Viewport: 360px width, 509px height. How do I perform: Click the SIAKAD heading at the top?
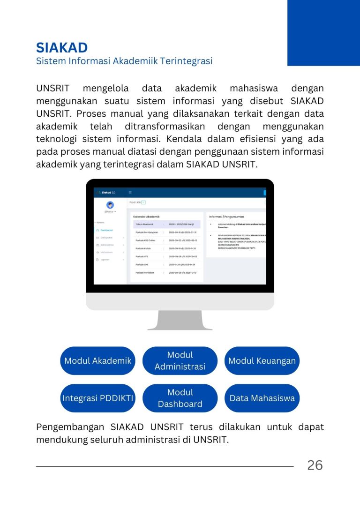[x=62, y=47]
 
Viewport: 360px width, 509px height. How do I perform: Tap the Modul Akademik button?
[x=97, y=361]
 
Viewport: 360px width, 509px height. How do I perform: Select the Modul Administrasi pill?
[x=180, y=361]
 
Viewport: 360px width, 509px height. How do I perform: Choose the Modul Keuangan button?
[x=262, y=361]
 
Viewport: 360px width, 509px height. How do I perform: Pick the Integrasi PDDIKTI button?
[x=97, y=398]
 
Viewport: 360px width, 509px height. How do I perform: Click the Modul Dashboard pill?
[x=180, y=398]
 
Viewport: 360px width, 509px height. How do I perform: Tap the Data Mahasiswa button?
[x=262, y=398]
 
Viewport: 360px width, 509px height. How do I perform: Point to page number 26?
[x=315, y=465]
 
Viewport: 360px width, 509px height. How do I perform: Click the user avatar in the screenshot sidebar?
[x=110, y=205]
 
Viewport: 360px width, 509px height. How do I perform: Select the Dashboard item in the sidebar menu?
[x=106, y=230]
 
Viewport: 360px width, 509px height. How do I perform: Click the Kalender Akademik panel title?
[x=146, y=217]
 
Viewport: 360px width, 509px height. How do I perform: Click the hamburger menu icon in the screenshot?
[x=130, y=193]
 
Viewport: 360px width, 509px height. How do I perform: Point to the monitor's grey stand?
[x=180, y=320]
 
